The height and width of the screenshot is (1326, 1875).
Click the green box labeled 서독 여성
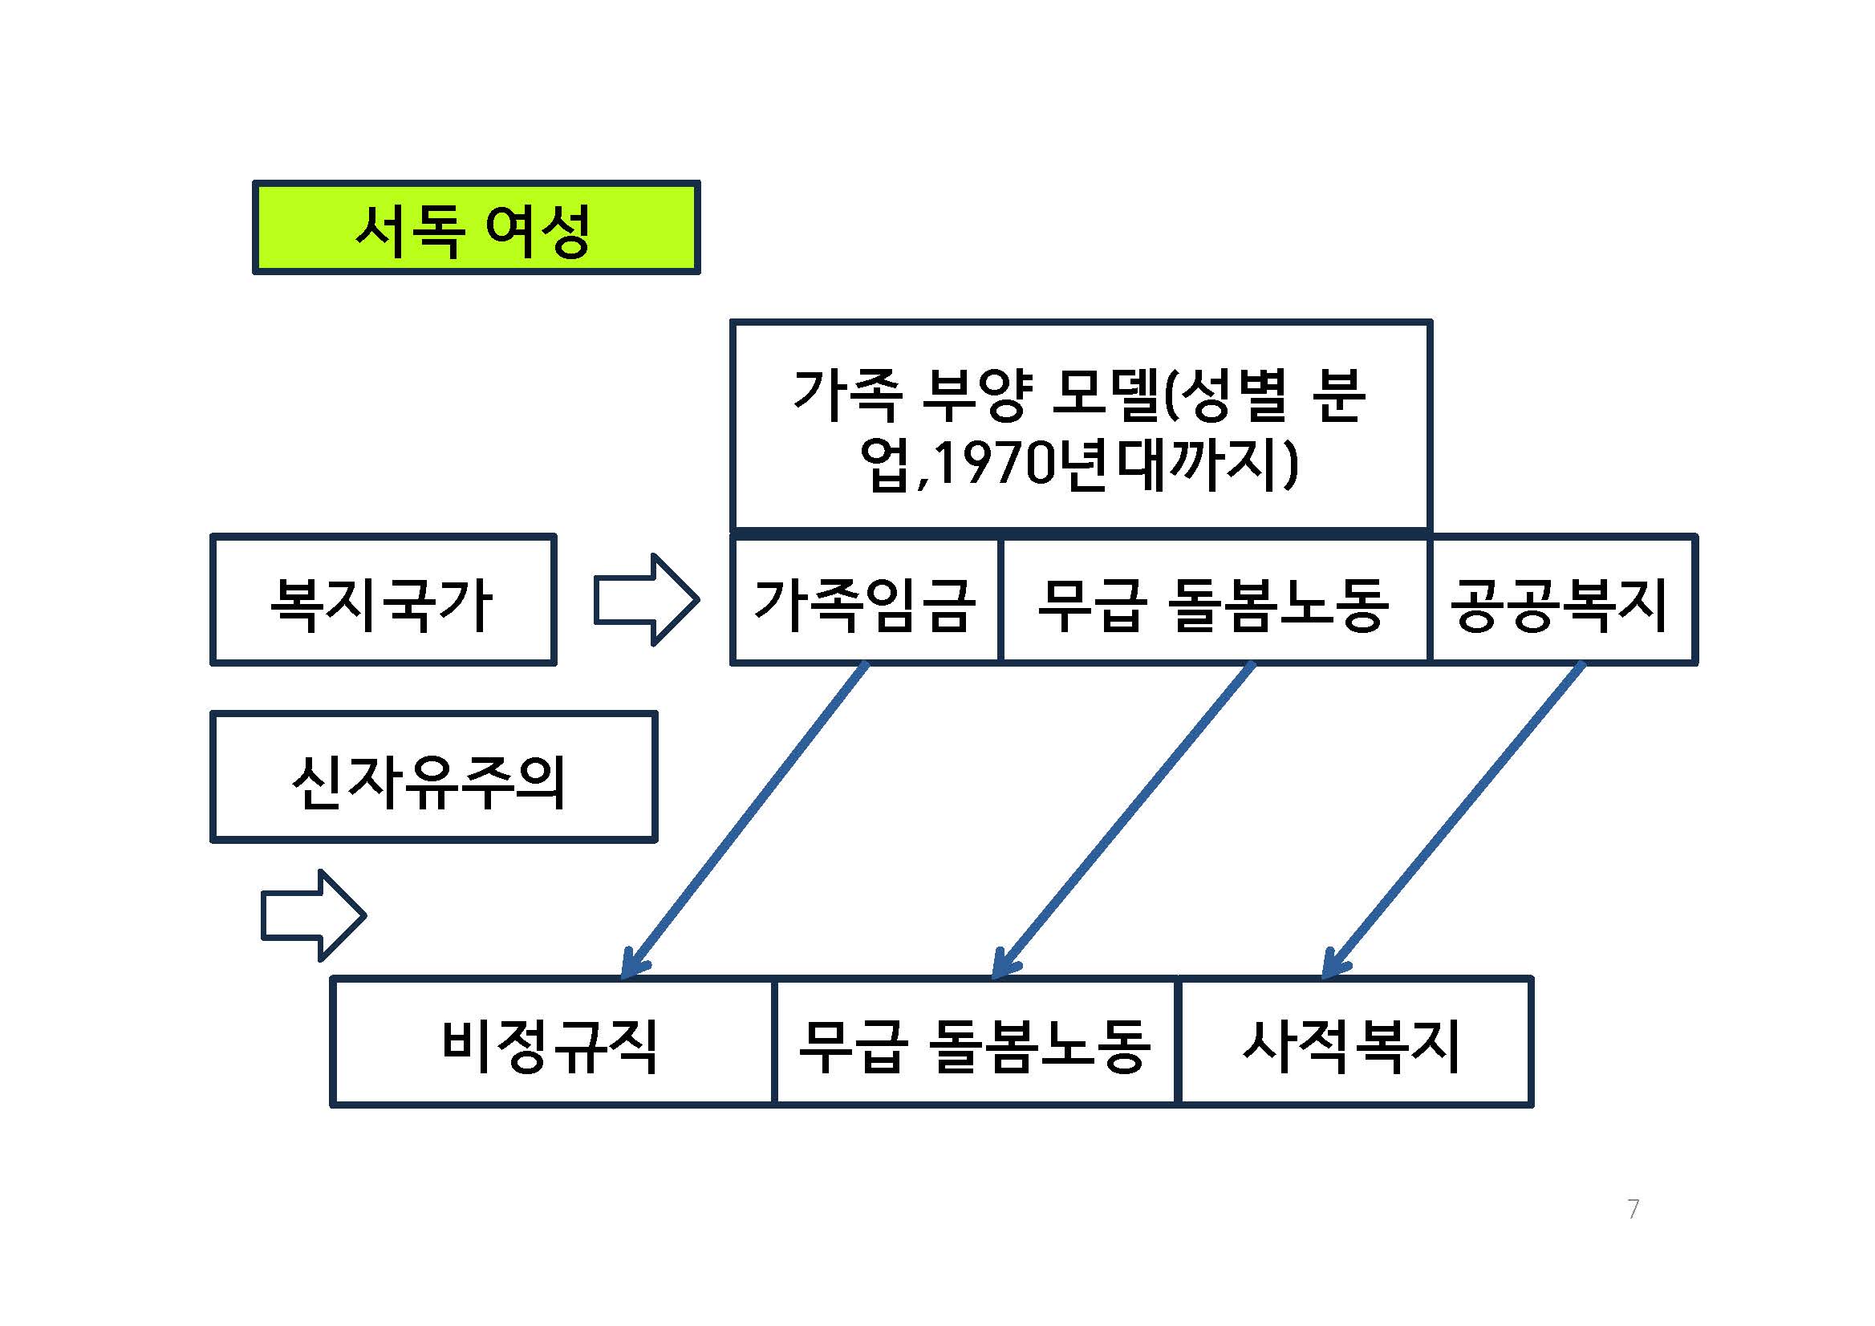(x=476, y=227)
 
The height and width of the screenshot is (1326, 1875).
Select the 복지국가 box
(x=383, y=600)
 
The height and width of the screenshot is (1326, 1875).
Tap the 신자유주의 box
(x=433, y=777)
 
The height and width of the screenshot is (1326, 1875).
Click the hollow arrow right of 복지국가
(x=646, y=600)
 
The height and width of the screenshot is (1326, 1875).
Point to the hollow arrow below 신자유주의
(x=314, y=915)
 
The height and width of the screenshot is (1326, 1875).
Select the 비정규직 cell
(x=551, y=1043)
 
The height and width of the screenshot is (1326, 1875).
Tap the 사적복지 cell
(x=1353, y=1043)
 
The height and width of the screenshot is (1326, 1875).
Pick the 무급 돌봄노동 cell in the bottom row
(x=974, y=1043)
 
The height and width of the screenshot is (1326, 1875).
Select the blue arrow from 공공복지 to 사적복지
(x=1454, y=821)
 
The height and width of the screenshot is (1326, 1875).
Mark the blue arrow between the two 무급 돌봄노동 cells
(x=1123, y=821)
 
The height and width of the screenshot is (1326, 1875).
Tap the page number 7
(x=1633, y=1208)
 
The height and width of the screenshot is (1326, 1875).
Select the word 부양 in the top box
(x=976, y=395)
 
